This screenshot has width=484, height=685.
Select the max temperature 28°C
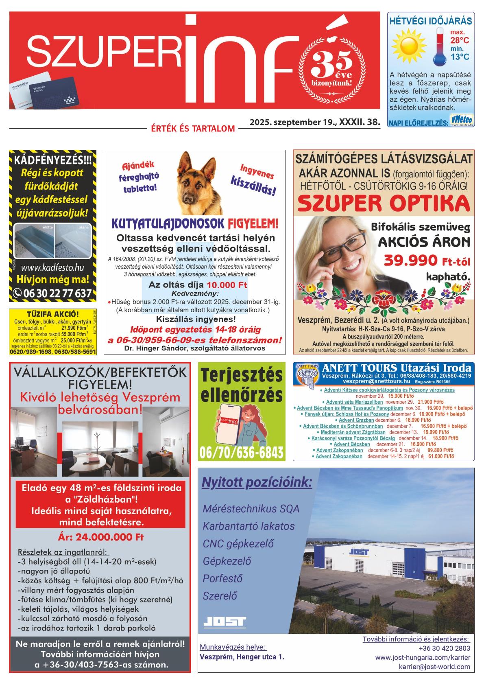(x=459, y=40)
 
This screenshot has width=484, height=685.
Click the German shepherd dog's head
(x=194, y=182)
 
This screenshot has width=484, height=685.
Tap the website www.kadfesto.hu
(x=52, y=267)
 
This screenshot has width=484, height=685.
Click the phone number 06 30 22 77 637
(x=52, y=293)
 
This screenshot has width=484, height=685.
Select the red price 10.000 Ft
(x=227, y=285)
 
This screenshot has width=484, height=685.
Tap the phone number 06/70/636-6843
(x=242, y=453)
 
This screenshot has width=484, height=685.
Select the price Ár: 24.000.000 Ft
(x=100, y=537)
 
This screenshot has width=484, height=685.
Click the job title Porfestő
(x=222, y=578)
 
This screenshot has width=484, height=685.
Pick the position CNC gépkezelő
(x=238, y=543)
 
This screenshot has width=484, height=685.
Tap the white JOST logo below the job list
(x=225, y=622)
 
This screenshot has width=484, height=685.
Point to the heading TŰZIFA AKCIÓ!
(x=52, y=314)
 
